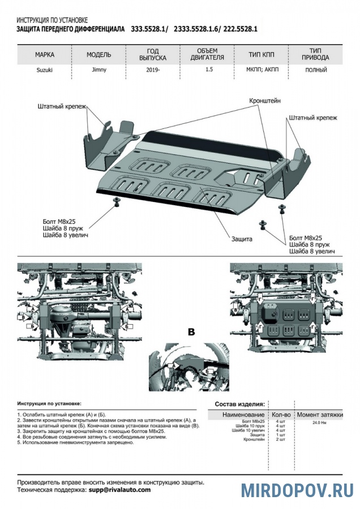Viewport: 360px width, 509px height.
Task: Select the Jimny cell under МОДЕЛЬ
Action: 98,71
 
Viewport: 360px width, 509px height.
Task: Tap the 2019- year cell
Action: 152,71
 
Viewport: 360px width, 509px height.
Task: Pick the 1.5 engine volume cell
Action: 209,71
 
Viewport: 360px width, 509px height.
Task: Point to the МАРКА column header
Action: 45,55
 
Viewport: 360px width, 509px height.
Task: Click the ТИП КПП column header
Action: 262,55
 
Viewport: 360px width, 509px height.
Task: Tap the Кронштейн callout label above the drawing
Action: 265,101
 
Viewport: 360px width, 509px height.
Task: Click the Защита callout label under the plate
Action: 241,239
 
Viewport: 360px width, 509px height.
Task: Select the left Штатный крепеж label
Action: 62,106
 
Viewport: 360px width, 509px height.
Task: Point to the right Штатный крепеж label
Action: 312,118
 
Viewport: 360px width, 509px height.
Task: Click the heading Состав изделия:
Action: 239,404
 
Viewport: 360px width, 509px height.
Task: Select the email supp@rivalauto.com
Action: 119,490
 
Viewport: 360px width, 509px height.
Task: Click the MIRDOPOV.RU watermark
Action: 297,490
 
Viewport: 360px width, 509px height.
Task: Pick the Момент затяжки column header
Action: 320,415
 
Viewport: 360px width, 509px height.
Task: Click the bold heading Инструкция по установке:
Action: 49,404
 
